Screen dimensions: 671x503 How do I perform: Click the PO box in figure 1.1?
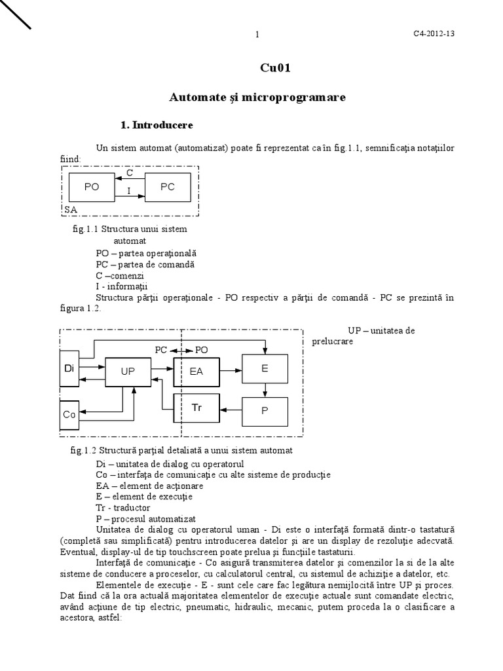91,187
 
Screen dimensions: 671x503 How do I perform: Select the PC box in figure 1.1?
168,187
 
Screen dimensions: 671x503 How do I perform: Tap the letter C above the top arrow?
130,173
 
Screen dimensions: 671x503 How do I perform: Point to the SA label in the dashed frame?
71,209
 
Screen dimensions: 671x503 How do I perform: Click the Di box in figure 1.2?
69,369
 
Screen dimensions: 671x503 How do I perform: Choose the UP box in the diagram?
128,371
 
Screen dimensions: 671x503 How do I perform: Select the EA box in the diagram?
196,371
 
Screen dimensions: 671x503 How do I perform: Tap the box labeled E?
265,369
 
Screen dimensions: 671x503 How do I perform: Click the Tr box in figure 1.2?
196,408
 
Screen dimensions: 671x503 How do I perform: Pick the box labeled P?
265,411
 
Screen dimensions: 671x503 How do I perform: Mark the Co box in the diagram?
69,414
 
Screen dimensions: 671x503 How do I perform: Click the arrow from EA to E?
231,370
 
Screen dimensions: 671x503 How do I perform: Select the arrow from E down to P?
265,391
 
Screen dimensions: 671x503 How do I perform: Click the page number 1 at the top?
257,35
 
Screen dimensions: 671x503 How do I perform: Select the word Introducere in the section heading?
163,125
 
